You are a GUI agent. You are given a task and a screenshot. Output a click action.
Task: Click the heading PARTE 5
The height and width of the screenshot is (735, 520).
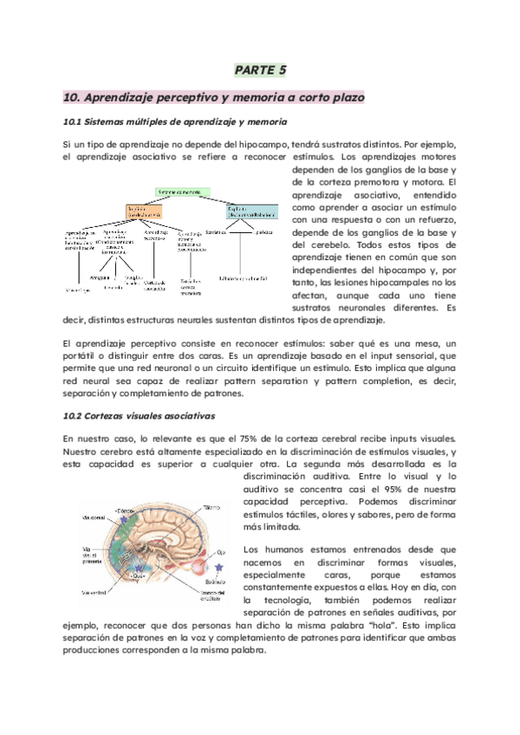point(260,69)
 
